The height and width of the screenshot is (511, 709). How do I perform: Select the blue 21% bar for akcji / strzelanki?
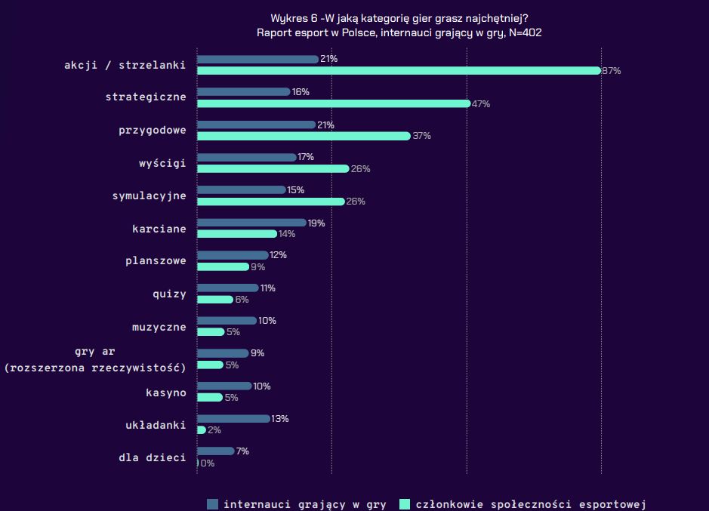[257, 59]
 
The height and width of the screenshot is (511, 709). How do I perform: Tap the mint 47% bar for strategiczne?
[333, 103]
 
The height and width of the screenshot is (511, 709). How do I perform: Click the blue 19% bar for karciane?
[251, 223]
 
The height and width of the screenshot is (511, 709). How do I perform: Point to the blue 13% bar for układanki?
[233, 418]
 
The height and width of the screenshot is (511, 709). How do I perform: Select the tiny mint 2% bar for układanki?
[201, 429]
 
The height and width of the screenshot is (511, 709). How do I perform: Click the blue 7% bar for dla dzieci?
[215, 451]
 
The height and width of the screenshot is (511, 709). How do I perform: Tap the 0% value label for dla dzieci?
[207, 463]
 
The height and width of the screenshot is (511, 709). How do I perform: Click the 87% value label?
[611, 71]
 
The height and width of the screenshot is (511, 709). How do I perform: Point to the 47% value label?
[481, 104]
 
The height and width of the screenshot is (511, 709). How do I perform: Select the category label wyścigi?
[162, 163]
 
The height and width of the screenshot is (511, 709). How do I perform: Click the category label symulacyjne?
[150, 195]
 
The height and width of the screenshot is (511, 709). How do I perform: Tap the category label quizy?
[169, 294]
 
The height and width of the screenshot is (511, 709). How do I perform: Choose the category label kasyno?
[165, 392]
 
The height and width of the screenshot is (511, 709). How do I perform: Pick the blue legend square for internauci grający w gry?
[212, 504]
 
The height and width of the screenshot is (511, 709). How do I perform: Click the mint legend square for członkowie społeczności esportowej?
[405, 504]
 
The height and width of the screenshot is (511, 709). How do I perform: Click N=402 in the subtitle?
[524, 32]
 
